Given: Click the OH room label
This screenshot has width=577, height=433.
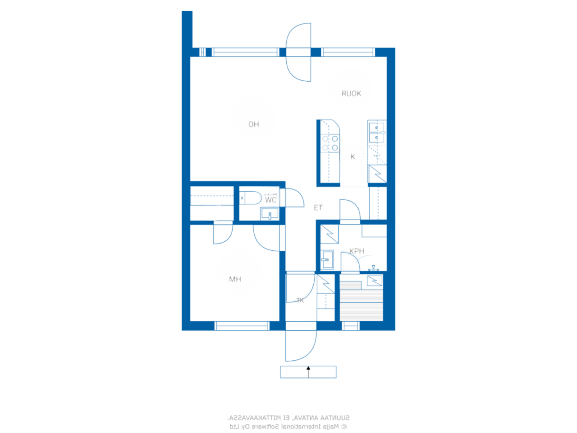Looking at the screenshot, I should point(253,124).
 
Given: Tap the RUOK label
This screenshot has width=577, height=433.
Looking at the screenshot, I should point(351,93).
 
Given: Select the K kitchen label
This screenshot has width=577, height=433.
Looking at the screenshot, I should point(353,157).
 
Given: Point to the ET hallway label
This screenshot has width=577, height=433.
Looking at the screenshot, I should point(318,207).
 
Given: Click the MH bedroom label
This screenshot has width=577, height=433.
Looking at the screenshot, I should point(235,279).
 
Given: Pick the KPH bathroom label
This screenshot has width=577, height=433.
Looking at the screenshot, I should point(357,251).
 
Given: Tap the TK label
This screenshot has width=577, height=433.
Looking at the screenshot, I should point(300,300).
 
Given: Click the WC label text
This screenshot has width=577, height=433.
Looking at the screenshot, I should point(270,200).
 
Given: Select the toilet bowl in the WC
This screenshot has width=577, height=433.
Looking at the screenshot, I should point(250,198).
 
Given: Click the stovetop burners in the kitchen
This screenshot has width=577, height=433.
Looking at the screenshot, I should point(330,143).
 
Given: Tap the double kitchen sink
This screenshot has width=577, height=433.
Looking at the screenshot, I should point(376,133).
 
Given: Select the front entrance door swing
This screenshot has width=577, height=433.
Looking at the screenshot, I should point(301,345).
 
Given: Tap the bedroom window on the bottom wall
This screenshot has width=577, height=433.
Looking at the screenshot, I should point(242,326).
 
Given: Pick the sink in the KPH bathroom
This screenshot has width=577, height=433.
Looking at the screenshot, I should point(327,259).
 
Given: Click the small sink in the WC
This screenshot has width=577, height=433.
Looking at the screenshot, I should point(270,213).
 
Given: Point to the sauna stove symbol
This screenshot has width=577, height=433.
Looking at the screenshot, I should point(375,281).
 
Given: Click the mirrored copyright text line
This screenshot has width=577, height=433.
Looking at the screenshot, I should point(288,426).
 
